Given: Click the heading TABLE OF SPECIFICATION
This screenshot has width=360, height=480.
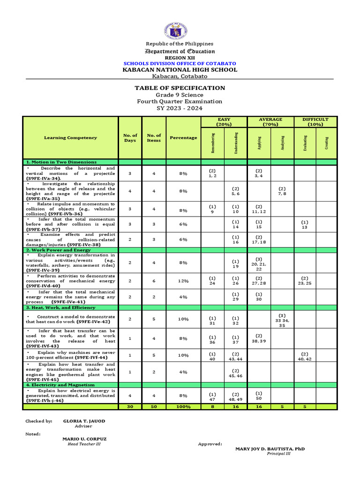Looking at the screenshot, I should pyautogui.click(x=180, y=88).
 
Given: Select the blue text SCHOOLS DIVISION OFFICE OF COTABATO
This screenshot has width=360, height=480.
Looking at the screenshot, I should pyautogui.click(x=180, y=63).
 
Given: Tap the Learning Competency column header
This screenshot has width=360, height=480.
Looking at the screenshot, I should pyautogui.click(x=71, y=138).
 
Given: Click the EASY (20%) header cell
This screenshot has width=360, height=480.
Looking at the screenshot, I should pyautogui.click(x=224, y=122).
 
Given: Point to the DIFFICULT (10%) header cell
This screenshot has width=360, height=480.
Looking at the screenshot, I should pyautogui.click(x=315, y=122).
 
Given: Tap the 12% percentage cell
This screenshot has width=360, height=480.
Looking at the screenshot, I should pyautogui.click(x=183, y=281).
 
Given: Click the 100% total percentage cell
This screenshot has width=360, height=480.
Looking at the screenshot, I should pyautogui.click(x=183, y=407).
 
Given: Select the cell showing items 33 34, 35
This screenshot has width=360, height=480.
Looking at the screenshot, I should pyautogui.click(x=282, y=320).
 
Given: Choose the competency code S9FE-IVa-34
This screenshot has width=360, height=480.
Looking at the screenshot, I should pyautogui.click(x=43, y=179).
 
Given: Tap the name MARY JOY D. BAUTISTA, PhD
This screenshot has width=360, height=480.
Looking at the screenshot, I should pyautogui.click(x=270, y=449).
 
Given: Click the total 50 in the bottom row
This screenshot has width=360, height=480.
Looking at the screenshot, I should pyautogui.click(x=154, y=407).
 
